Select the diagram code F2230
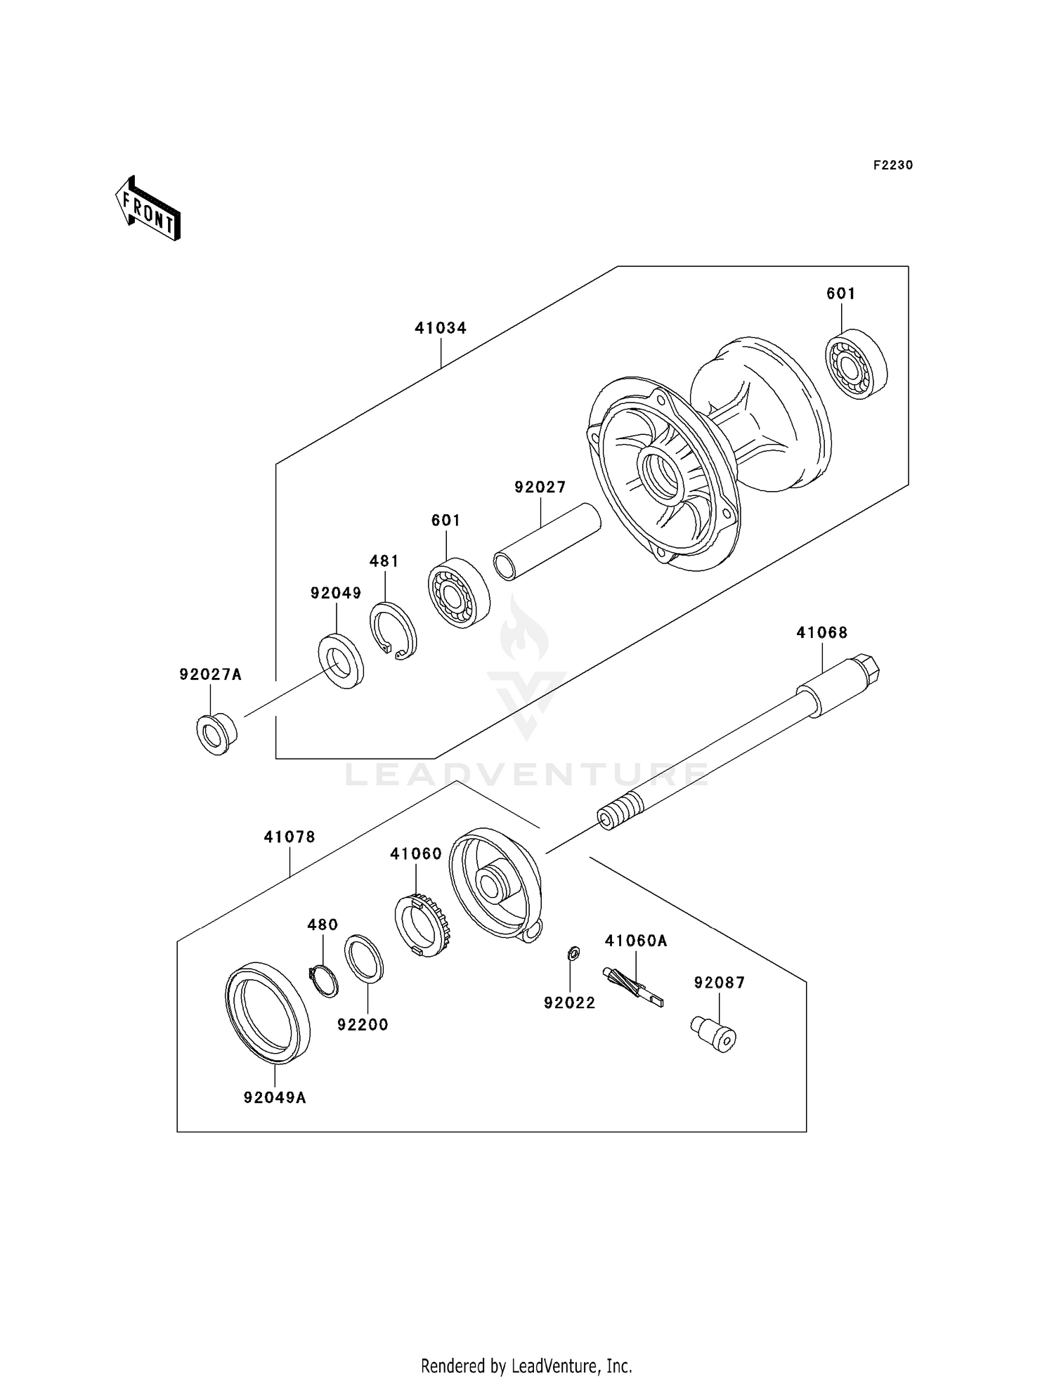[892, 165]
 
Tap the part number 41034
[441, 328]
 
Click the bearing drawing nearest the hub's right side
[856, 364]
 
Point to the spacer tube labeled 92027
[547, 543]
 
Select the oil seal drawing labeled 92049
[341, 660]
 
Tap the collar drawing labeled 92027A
[216, 734]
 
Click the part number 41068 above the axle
[821, 632]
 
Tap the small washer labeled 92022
[573, 954]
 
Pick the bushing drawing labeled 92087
[713, 1033]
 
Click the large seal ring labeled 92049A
[267, 1012]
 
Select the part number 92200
[363, 1025]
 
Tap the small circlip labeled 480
[323, 981]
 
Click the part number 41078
[289, 837]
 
